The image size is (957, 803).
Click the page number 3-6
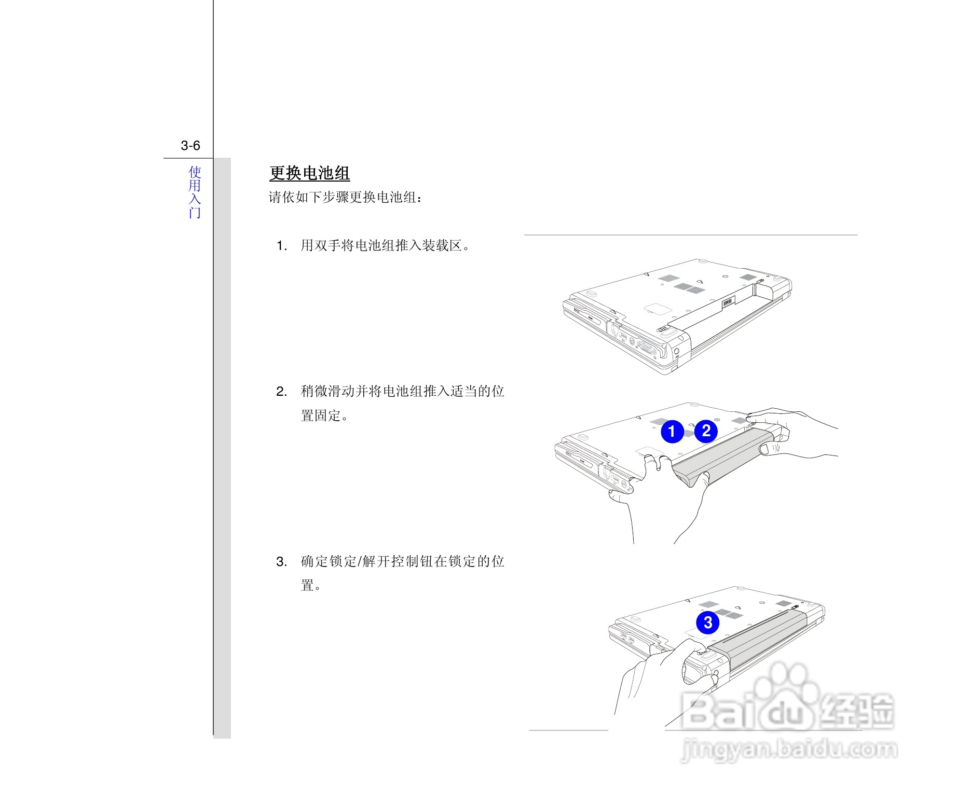coord(190,146)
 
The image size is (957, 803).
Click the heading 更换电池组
coord(310,173)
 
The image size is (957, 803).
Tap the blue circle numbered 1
coord(672,432)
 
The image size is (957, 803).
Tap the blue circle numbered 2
coord(706,431)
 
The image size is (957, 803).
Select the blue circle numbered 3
coord(707,622)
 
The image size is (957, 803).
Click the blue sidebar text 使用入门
coord(195,192)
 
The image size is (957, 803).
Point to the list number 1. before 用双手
coord(282,246)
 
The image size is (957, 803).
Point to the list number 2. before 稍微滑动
coord(282,392)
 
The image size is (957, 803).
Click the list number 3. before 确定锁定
coord(282,562)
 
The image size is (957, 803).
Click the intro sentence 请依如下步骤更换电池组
coord(346,198)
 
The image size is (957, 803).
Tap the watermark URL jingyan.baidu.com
coord(789,750)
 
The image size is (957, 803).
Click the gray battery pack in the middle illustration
coord(721,454)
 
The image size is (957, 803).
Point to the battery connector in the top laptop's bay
coord(728,302)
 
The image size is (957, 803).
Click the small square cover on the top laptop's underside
coord(658,308)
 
